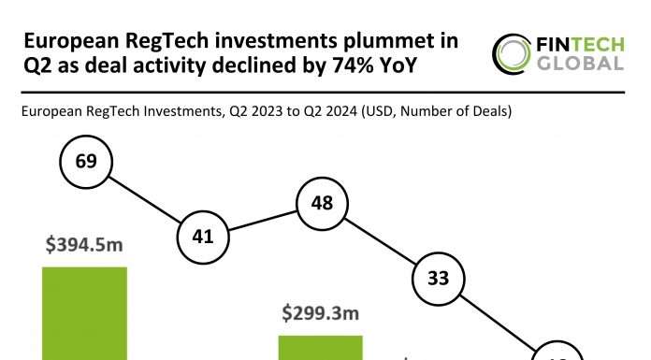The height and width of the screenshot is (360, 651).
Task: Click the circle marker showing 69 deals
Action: (x=85, y=162)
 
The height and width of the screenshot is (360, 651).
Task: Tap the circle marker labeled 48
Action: (x=321, y=202)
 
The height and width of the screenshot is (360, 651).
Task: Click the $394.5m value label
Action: (x=85, y=247)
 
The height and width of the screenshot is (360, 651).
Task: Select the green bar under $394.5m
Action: (x=85, y=313)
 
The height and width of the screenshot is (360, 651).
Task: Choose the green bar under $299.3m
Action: (x=321, y=347)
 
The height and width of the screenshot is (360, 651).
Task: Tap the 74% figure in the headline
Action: (x=363, y=65)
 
